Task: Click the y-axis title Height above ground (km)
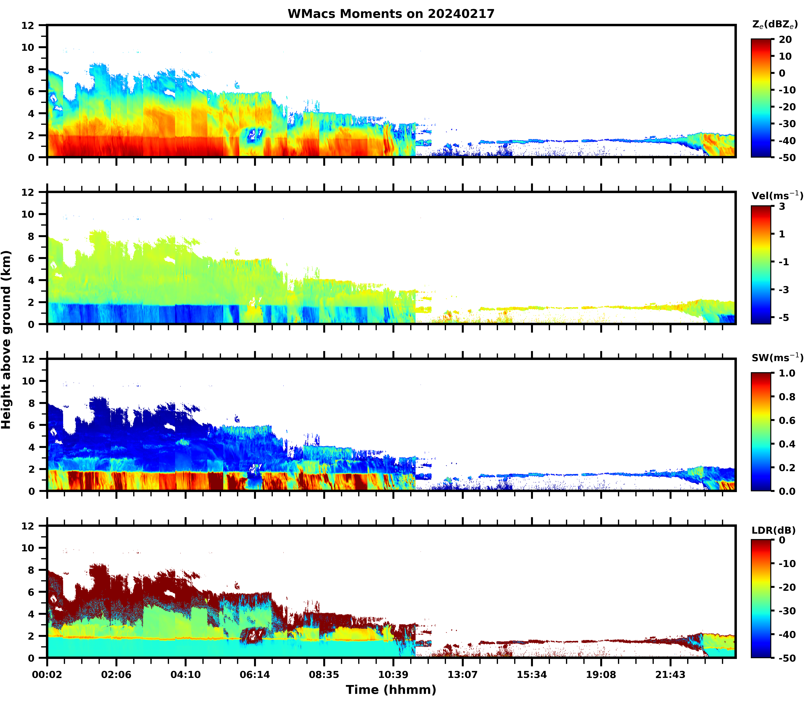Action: tap(6, 339)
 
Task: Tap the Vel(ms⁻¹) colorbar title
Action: tap(777, 196)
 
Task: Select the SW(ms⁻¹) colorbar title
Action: tap(777, 358)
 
